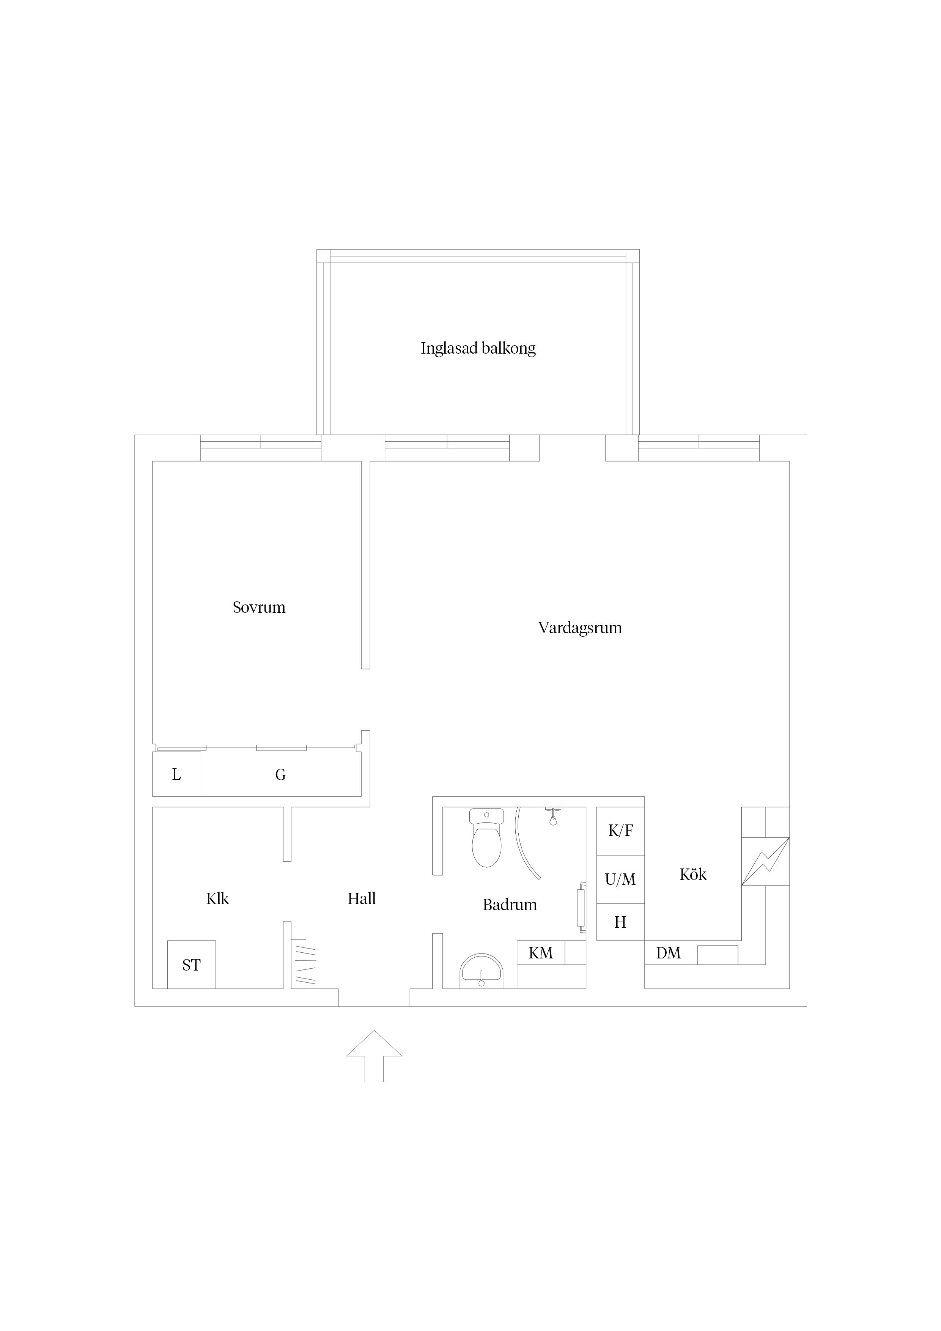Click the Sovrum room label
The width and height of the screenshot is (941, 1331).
pos(259,607)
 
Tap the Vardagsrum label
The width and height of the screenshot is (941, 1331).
pos(580,628)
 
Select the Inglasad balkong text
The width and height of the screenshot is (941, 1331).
pos(478,348)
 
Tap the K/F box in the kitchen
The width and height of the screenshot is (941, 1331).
pos(620,831)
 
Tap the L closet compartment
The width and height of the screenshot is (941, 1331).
pos(177,774)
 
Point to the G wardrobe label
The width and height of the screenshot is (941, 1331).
pos(281,774)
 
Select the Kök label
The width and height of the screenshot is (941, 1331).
pos(693,874)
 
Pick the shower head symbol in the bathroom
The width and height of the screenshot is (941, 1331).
pos(553,816)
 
